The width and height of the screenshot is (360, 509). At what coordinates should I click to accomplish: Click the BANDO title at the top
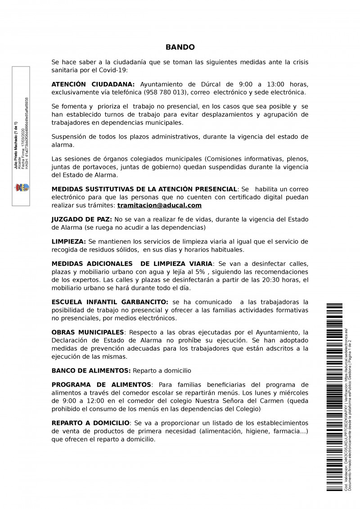180,47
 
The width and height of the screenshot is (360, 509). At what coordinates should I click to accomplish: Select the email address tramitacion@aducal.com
159,205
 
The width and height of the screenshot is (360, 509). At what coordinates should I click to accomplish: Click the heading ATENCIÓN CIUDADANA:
93,84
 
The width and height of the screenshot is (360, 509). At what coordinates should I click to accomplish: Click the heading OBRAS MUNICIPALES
88,332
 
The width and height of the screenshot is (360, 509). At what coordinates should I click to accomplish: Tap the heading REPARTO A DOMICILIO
91,423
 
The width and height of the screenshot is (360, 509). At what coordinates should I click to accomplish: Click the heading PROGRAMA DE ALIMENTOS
101,384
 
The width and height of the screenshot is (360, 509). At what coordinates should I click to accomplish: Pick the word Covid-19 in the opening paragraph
114,70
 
